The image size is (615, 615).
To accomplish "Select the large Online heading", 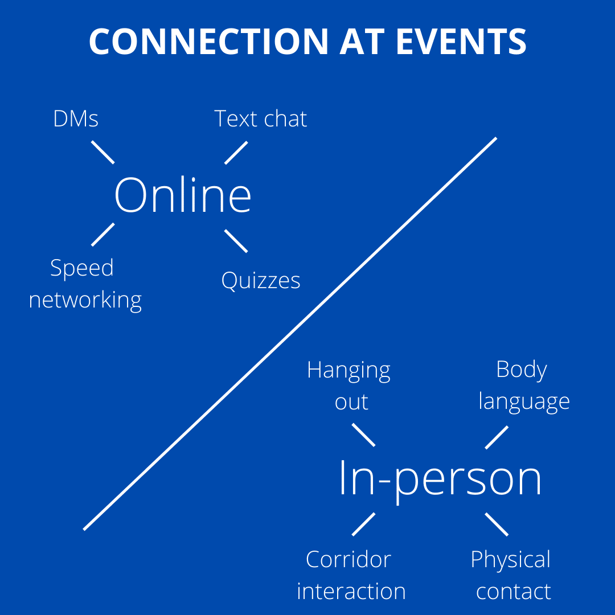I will point(183,195).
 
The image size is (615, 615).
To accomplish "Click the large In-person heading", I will point(440,478).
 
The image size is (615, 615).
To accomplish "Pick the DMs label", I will point(76,119).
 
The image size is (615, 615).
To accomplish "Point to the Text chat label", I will point(261,119).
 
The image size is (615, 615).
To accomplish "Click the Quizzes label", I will point(261,280).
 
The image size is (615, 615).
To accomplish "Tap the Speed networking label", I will point(85,284).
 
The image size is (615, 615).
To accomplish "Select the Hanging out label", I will point(349,386).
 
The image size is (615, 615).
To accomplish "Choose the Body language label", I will point(523,386).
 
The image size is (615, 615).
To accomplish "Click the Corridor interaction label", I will point(351,575).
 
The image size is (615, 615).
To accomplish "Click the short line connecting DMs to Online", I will point(103,152).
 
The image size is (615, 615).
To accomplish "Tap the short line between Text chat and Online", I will point(236,153).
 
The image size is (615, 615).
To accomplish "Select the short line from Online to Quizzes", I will point(236,241).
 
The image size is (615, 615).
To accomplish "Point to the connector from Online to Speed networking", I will point(103,235).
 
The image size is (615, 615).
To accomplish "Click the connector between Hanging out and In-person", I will point(363,434).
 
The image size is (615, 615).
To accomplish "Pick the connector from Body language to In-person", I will point(497,437).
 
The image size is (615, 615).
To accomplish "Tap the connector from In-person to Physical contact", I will point(497,524).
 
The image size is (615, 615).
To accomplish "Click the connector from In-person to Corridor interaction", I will point(363,524).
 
